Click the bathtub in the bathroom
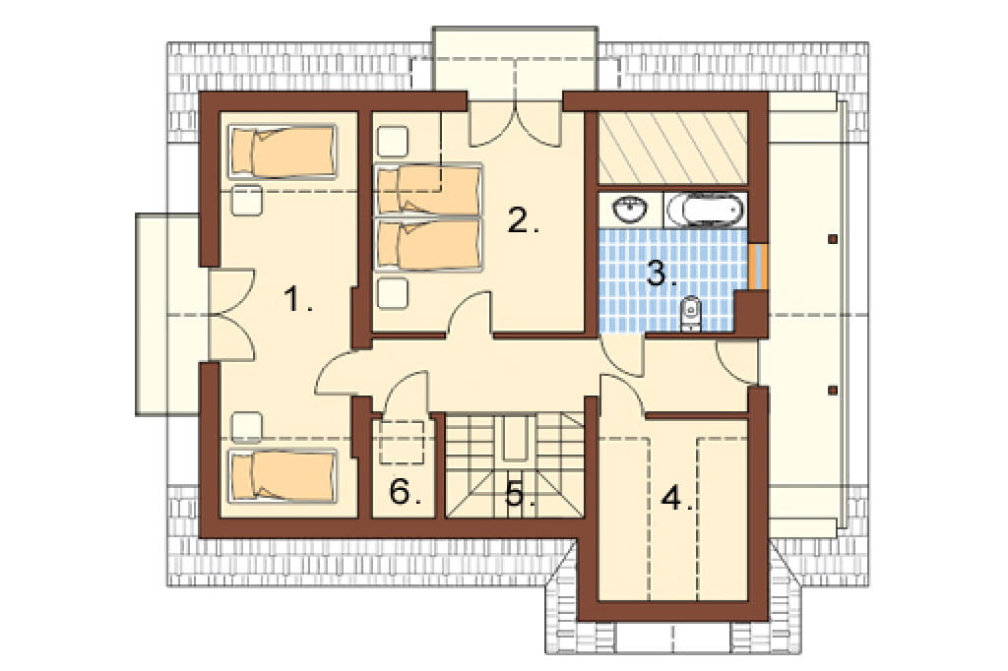(x=706, y=211)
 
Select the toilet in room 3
(x=690, y=314)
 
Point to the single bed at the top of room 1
(x=283, y=152)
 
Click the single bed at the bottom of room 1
(x=283, y=475)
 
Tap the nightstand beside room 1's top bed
(x=247, y=201)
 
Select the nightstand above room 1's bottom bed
(x=247, y=427)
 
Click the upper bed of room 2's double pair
(x=429, y=190)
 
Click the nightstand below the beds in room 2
(x=392, y=294)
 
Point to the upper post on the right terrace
(x=833, y=239)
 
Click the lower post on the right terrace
(x=833, y=390)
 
